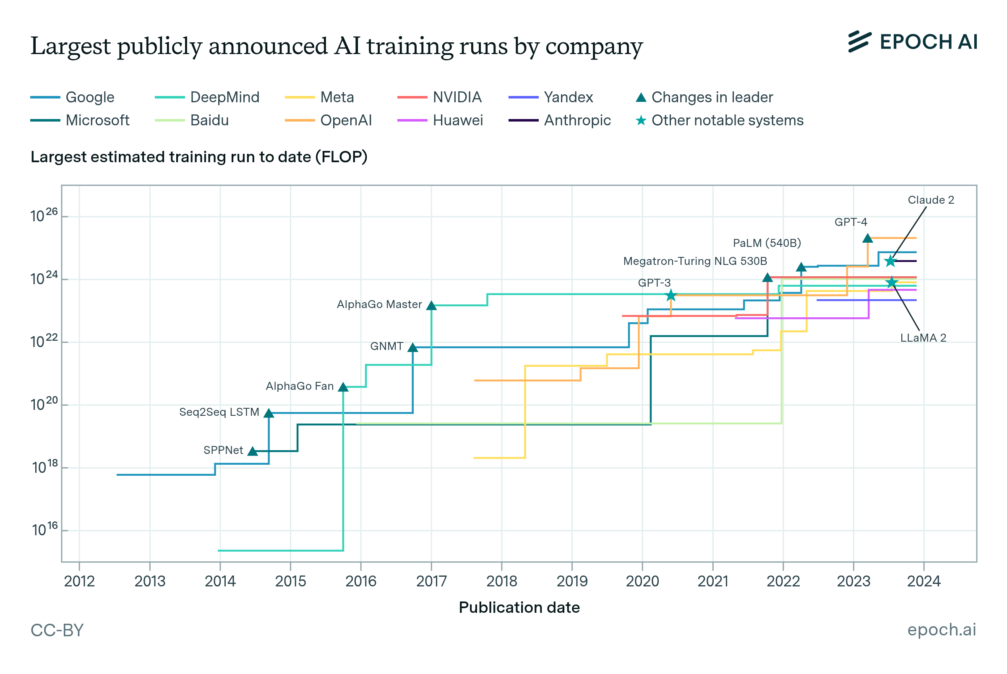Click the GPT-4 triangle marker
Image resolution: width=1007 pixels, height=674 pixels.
coord(867,238)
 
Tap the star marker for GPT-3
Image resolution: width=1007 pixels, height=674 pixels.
coord(670,296)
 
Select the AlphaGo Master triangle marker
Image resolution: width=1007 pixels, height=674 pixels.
coord(431,305)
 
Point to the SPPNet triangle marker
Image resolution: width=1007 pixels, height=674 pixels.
coord(253,451)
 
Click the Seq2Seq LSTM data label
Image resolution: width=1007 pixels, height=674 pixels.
coord(219,412)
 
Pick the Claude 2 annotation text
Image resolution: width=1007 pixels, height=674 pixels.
coord(931,200)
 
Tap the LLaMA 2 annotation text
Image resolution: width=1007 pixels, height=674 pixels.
coord(923,338)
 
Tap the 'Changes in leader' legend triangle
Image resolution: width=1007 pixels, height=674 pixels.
coord(641,98)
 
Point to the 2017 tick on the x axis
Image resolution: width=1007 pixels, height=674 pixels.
coord(431,581)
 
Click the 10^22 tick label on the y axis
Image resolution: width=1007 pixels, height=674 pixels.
coord(44,342)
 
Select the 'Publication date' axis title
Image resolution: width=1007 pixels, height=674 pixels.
coord(519,607)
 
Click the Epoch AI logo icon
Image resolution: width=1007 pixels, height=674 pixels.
coord(859,41)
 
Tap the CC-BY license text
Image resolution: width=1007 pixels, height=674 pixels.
coord(57,630)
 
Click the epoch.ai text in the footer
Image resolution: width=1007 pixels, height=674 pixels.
coord(941,630)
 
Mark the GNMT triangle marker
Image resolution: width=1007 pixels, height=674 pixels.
coord(412,347)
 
